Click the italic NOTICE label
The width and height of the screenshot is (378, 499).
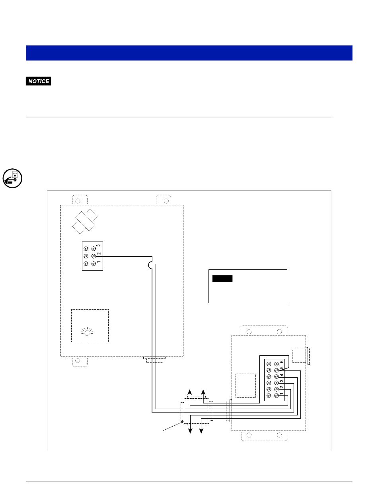(x=39, y=81)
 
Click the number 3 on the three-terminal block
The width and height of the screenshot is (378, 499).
(x=98, y=247)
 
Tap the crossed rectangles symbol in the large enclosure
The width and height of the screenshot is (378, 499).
(x=85, y=221)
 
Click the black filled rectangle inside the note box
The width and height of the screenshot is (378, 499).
(x=222, y=279)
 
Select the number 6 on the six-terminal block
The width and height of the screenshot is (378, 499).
(x=281, y=362)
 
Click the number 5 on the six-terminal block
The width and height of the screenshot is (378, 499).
(x=281, y=368)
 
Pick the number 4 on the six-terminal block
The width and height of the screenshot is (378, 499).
(x=281, y=375)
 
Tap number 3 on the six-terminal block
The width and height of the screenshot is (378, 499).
(x=281, y=381)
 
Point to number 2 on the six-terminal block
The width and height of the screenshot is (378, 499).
(x=281, y=388)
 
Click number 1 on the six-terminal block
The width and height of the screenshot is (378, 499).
(x=281, y=394)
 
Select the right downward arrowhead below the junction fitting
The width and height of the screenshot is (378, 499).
(x=202, y=431)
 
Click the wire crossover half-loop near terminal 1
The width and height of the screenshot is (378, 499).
(x=151, y=266)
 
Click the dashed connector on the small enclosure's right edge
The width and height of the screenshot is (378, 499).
(x=301, y=356)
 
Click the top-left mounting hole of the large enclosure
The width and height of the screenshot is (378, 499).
(x=78, y=200)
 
